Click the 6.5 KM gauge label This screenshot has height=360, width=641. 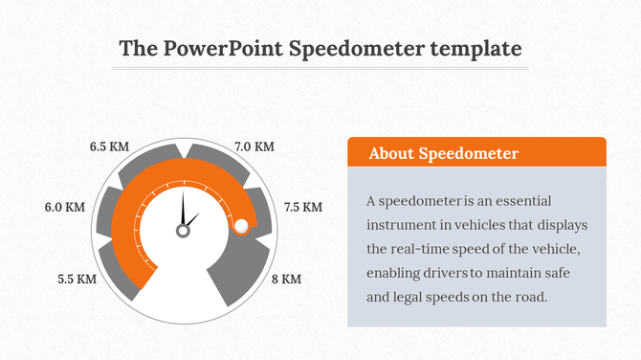pyautogui.click(x=108, y=147)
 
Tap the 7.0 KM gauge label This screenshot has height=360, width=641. pyautogui.click(x=254, y=147)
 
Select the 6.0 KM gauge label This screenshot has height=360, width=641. pyautogui.click(x=65, y=207)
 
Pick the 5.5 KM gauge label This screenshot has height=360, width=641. pyautogui.click(x=77, y=280)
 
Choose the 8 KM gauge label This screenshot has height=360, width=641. pyautogui.click(x=286, y=280)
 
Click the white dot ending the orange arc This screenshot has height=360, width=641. pyautogui.click(x=241, y=226)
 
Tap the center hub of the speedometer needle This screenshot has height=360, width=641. pyautogui.click(x=182, y=231)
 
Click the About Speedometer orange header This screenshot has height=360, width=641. pyautogui.click(x=475, y=153)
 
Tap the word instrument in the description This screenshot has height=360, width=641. pyautogui.click(x=402, y=225)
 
